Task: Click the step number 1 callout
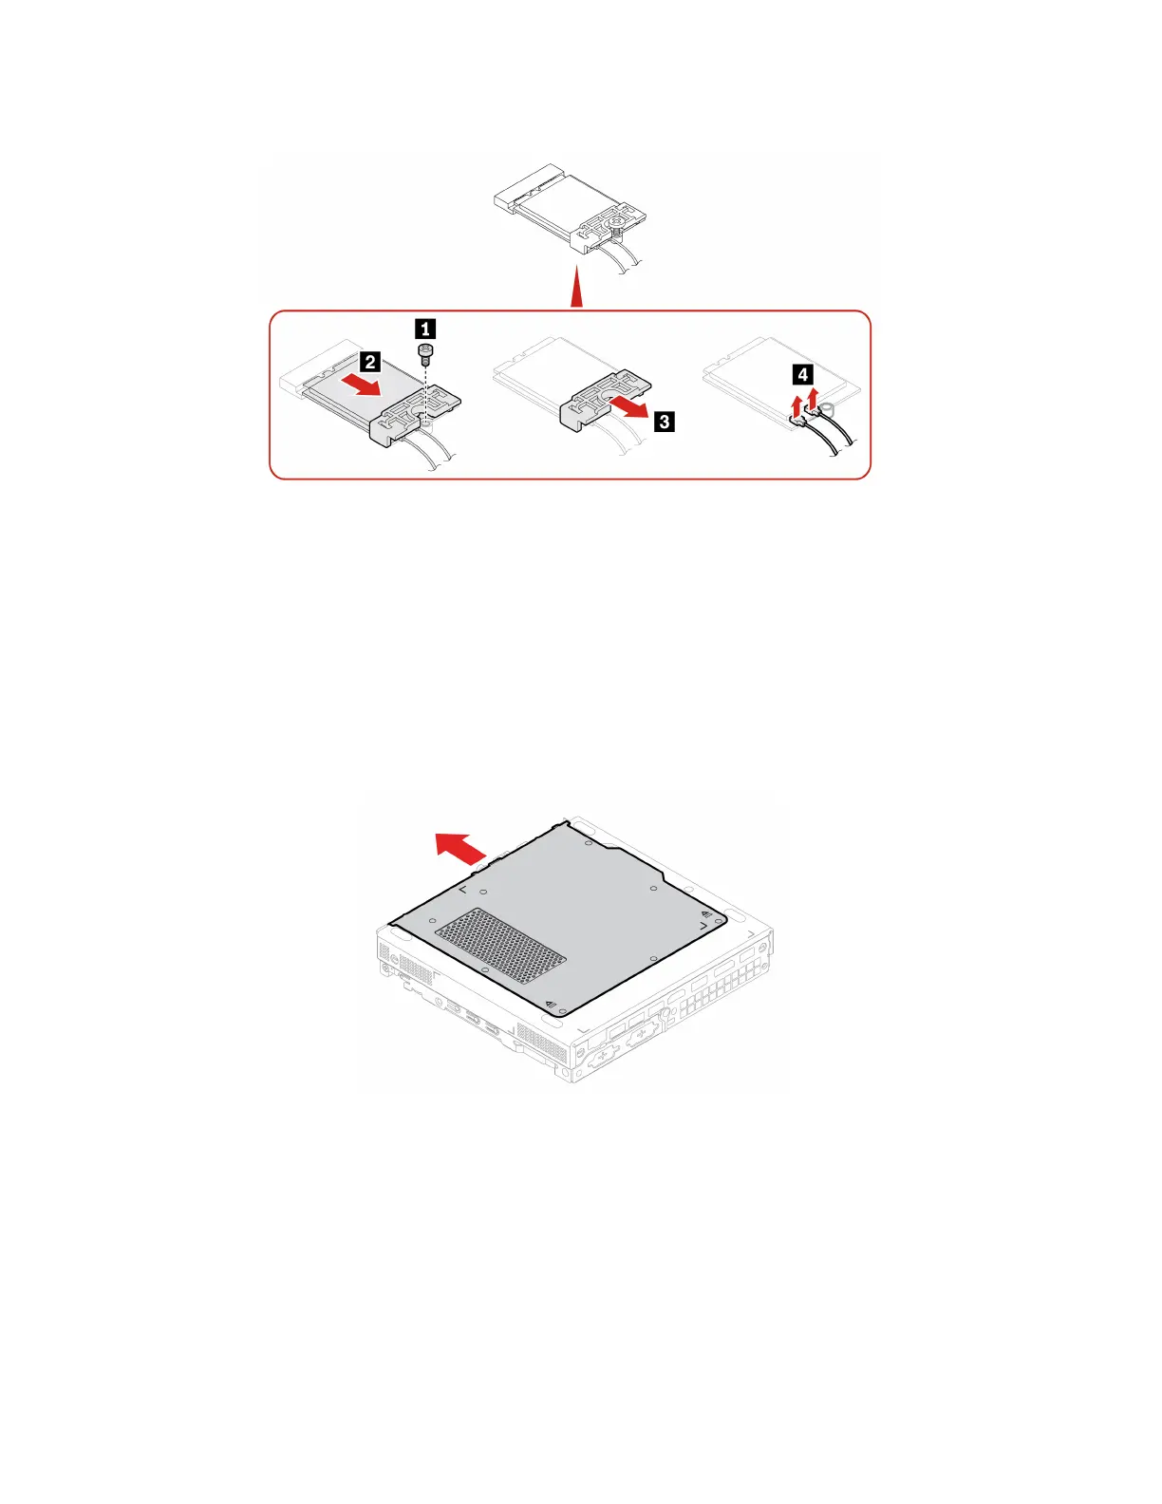pos(426,329)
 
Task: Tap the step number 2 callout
pos(370,362)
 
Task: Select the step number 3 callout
pos(665,421)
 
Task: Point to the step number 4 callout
pos(803,374)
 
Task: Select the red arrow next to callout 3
pos(628,410)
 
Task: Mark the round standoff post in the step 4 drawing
pos(828,409)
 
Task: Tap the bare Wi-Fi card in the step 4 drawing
pos(769,380)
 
